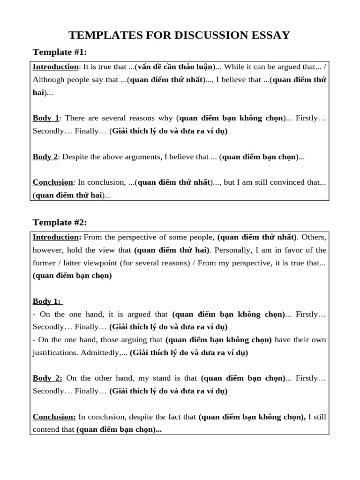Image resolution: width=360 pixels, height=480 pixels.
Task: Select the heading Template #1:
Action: click(60, 52)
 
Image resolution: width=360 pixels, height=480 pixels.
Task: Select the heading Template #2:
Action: click(60, 222)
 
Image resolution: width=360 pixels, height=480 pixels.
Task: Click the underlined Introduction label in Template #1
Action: click(55, 67)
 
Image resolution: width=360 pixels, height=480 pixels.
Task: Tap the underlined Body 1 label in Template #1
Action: click(46, 118)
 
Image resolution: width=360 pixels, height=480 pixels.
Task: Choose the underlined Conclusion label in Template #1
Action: click(53, 182)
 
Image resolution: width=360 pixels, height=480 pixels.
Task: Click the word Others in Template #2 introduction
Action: click(315, 237)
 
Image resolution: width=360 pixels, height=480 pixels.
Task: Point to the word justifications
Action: click(56, 352)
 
